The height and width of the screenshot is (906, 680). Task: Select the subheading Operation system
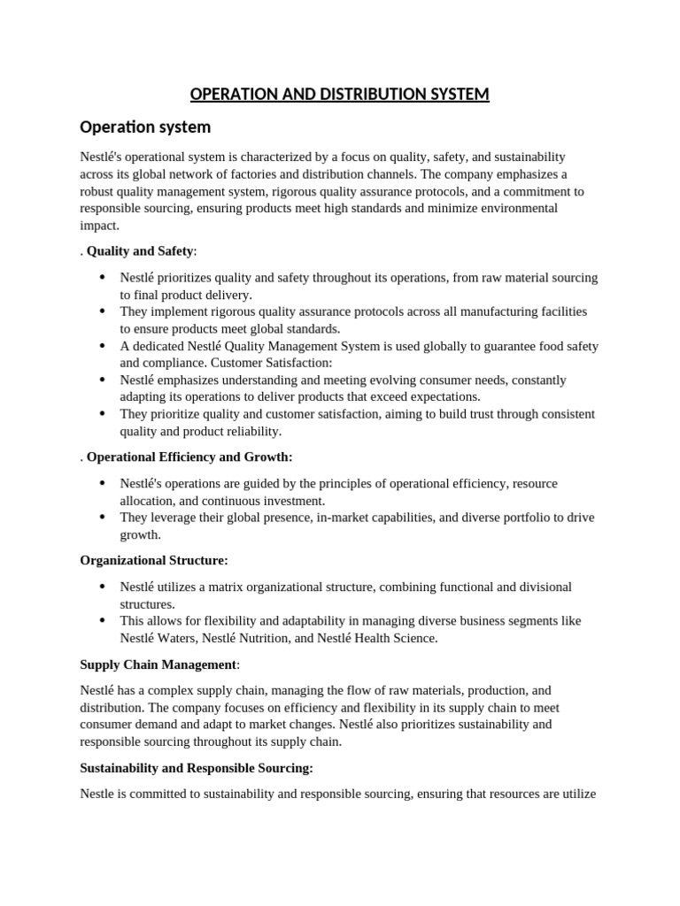(145, 127)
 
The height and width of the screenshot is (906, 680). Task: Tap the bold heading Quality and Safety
(139, 251)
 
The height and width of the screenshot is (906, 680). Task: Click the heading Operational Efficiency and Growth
(189, 457)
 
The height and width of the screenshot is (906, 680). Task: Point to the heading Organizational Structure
(153, 560)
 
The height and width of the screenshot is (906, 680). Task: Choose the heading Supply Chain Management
(158, 664)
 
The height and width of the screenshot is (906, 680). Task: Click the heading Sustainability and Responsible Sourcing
(196, 767)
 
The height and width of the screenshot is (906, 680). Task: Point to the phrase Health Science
(398, 638)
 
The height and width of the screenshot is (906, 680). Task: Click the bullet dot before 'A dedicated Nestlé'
(103, 346)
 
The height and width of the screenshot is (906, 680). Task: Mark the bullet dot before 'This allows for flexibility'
(103, 621)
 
